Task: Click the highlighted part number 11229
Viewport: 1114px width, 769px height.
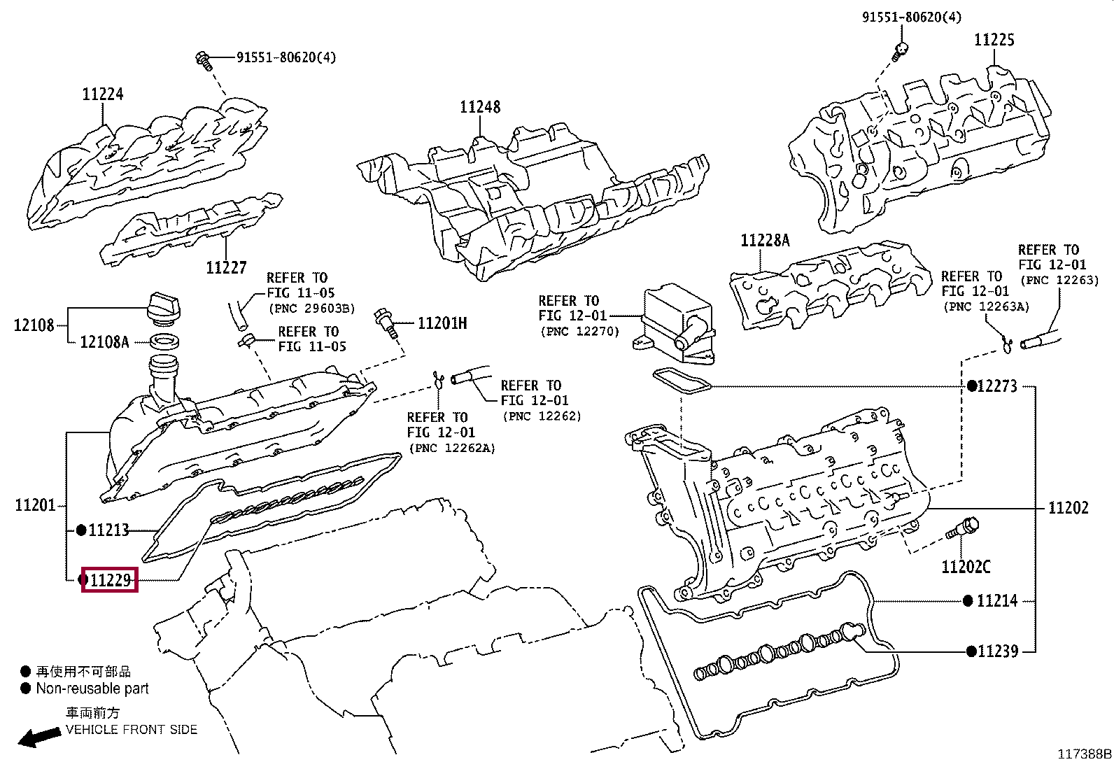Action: click(x=111, y=580)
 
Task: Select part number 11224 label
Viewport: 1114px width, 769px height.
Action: click(x=102, y=94)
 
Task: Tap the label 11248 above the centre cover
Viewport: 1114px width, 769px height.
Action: click(x=480, y=107)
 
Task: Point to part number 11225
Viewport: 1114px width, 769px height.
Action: click(x=994, y=40)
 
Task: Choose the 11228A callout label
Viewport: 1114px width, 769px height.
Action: click(x=765, y=241)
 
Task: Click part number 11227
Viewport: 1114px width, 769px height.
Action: click(x=226, y=267)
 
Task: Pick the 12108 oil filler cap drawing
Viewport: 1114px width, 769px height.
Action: click(x=164, y=306)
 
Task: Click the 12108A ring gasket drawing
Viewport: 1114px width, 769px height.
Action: click(x=164, y=341)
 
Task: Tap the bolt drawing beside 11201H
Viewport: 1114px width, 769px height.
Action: click(x=387, y=324)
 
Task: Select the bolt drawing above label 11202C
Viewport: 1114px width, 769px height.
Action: click(x=963, y=528)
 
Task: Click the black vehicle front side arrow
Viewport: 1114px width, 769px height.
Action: click(x=40, y=737)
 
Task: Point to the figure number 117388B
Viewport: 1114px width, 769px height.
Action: click(x=1084, y=754)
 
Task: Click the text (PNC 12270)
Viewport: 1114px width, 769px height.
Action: click(x=580, y=331)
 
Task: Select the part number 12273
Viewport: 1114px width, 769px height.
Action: click(x=997, y=386)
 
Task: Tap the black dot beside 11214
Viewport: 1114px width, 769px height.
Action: click(x=968, y=601)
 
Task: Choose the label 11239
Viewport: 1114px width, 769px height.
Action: click(x=998, y=651)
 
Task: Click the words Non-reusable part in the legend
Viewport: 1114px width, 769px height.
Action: click(x=92, y=689)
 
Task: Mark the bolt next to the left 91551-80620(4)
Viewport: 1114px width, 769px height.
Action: click(x=204, y=61)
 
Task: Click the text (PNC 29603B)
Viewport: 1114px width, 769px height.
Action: click(x=312, y=309)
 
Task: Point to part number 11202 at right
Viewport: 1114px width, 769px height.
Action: click(x=1069, y=508)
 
